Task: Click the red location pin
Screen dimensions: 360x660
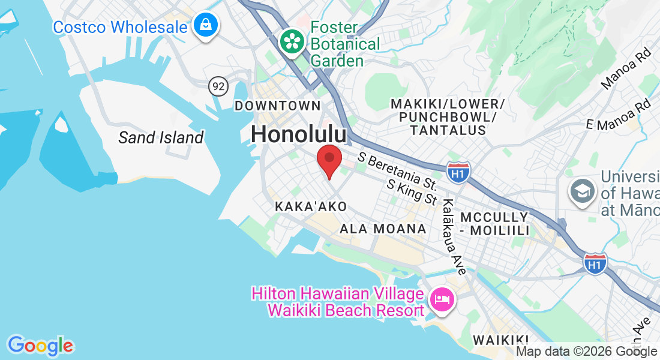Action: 329,160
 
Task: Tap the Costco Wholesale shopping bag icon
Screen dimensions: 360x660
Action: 206,26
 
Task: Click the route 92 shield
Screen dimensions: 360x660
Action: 219,86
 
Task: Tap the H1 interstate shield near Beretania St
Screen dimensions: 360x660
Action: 458,172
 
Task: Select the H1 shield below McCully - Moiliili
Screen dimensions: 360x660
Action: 595,263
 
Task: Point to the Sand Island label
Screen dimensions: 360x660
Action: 161,137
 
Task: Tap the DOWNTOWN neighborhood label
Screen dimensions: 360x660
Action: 278,106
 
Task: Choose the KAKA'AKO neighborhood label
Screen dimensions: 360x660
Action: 311,206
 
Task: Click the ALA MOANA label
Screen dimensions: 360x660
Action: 383,229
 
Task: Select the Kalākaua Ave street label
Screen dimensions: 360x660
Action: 453,238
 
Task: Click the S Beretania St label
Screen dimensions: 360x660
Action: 397,170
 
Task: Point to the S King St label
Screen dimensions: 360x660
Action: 413,192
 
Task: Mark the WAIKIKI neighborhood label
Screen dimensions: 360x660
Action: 500,340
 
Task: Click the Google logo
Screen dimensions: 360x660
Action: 40,346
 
